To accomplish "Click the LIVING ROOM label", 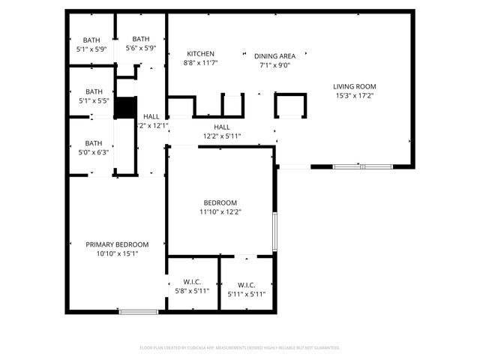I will (354, 86).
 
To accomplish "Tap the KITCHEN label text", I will (201, 54).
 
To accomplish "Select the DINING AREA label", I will (274, 56).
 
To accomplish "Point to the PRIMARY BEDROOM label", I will (116, 244).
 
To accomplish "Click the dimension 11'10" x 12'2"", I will (220, 212).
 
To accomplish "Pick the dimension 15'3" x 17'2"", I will (354, 96).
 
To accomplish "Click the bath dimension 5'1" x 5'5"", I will (93, 100).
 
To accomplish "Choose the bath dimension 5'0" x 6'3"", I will (93, 152).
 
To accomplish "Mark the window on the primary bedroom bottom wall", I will (138, 311).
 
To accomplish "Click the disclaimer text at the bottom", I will (240, 348).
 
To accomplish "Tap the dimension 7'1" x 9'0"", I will (274, 65).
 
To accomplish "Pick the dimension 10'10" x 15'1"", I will (116, 254).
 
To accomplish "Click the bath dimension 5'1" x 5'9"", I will (91, 49).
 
